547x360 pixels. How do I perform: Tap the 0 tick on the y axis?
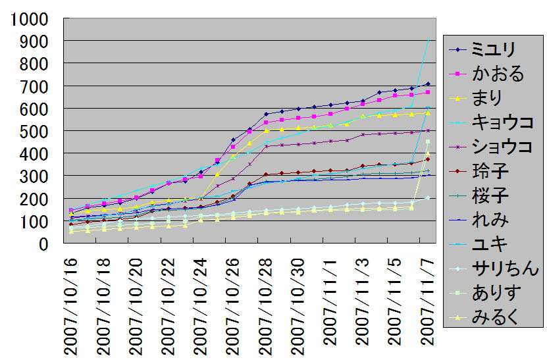(45, 244)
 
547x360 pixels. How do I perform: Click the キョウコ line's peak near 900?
(428, 41)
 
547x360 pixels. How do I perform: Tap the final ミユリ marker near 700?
(428, 84)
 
